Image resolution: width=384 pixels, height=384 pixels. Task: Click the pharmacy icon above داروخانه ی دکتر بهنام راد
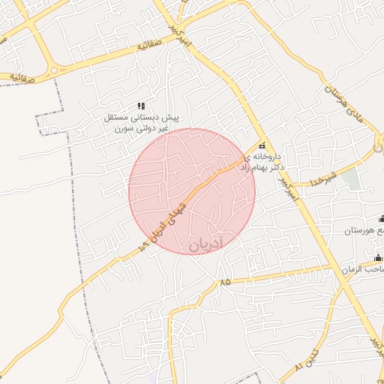coord(262,145)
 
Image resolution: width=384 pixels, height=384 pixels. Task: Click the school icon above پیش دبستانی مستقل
coord(141,106)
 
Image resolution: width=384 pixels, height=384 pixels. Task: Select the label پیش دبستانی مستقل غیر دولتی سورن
coord(142,124)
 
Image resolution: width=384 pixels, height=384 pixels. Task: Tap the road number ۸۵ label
coord(226,282)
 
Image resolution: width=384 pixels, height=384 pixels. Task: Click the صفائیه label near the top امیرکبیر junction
coord(150,47)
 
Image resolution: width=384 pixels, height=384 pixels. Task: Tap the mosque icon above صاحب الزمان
coord(378,259)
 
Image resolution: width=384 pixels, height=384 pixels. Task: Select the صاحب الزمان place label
coord(363,269)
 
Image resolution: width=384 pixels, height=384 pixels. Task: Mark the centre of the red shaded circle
coord(192,191)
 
